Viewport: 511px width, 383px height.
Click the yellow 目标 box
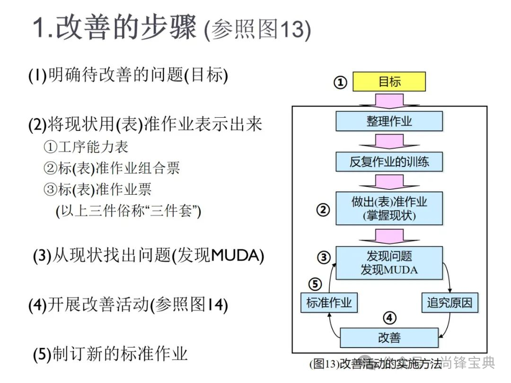(389, 82)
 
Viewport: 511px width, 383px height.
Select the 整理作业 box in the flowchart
(389, 121)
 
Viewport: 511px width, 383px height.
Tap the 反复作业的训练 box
(389, 162)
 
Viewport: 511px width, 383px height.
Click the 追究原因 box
(449, 303)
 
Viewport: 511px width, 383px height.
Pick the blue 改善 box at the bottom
(389, 338)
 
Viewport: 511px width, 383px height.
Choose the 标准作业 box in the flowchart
(329, 303)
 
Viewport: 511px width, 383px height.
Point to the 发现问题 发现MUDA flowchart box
(389, 263)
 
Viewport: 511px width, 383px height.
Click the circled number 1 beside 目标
(341, 83)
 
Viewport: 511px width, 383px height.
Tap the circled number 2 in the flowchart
(323, 209)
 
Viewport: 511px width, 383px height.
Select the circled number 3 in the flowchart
(323, 258)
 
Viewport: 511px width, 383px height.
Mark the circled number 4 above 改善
(389, 318)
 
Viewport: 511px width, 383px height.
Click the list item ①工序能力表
(86, 147)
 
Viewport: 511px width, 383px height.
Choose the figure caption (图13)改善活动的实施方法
(375, 364)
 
